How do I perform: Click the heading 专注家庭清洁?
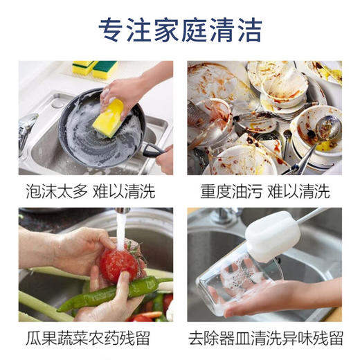pos(180,30)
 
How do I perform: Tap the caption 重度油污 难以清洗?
pos(265,191)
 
